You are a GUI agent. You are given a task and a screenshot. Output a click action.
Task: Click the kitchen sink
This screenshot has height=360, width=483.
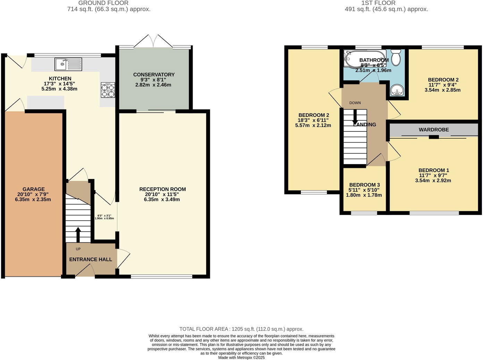click(68, 64)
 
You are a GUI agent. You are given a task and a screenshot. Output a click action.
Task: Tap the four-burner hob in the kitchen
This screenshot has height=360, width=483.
click(108, 90)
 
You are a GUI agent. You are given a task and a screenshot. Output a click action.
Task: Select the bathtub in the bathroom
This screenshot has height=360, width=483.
click(364, 59)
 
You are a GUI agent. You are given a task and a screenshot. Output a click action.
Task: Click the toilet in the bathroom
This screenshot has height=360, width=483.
click(396, 57)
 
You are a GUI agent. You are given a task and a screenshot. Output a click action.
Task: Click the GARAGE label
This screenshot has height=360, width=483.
click(33, 189)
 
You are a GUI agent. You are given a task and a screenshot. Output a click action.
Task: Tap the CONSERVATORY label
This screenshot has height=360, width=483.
click(154, 75)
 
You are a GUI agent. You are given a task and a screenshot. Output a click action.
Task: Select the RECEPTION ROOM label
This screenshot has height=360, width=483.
click(162, 189)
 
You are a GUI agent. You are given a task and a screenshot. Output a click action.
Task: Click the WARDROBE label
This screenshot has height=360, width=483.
click(433, 130)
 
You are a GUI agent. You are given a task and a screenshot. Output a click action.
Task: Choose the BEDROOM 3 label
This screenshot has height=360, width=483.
click(364, 185)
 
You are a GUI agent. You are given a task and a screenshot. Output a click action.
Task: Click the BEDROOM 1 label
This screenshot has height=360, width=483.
click(433, 170)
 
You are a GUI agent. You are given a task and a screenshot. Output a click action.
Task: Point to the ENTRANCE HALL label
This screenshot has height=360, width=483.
click(91, 259)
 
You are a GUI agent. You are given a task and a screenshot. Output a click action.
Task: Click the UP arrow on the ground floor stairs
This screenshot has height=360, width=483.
click(78, 235)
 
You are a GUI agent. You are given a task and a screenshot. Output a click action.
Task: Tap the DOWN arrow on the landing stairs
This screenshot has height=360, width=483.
click(355, 118)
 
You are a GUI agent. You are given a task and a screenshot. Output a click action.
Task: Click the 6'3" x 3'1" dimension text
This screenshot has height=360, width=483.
click(104, 217)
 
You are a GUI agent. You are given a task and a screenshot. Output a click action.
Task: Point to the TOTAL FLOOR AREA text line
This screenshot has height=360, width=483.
click(241, 329)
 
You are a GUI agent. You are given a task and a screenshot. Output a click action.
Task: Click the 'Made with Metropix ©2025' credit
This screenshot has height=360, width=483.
click(241, 358)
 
